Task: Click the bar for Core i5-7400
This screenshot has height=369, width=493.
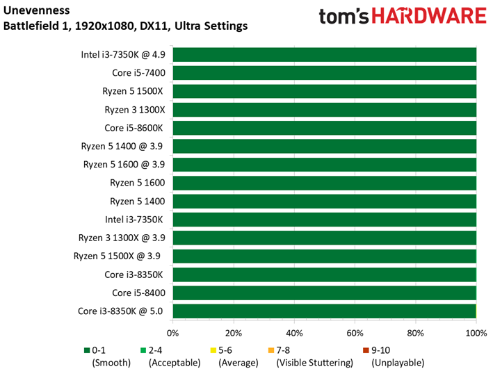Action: pyautogui.click(x=324, y=73)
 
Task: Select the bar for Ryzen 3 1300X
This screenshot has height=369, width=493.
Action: pyautogui.click(x=324, y=110)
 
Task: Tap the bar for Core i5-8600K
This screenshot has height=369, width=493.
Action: pyautogui.click(x=324, y=128)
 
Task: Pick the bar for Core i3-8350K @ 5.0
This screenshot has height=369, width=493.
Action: pyautogui.click(x=324, y=311)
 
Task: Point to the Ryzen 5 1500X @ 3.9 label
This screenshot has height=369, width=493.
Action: pyautogui.click(x=118, y=256)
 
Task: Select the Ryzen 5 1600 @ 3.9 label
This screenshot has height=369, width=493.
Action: pyautogui.click(x=123, y=165)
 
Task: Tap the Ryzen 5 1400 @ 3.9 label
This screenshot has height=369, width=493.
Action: pyautogui.click(x=123, y=146)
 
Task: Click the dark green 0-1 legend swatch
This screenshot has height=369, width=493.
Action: pyautogui.click(x=87, y=350)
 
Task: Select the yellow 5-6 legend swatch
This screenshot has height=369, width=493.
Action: pyautogui.click(x=213, y=350)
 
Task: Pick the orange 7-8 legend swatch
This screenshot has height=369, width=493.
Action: pyautogui.click(x=270, y=350)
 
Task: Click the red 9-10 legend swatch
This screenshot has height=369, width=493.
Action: pyautogui.click(x=366, y=350)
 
